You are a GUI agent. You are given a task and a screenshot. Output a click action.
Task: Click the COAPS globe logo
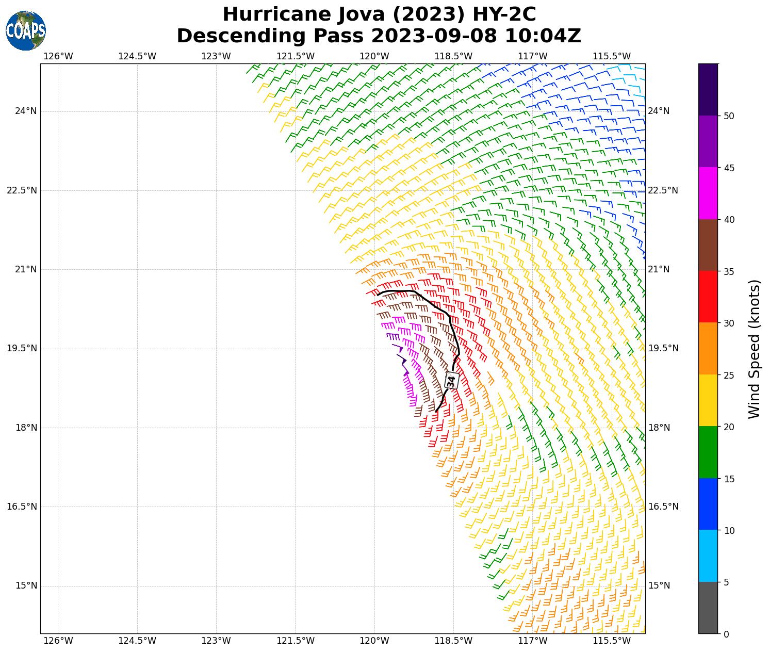(26, 30)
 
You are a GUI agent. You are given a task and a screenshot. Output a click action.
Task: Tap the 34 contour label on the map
(451, 381)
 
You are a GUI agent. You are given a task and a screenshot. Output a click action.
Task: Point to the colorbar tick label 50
(729, 116)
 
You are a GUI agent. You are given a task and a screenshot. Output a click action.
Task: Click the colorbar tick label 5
(727, 582)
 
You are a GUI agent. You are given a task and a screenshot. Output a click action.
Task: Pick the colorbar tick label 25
(729, 375)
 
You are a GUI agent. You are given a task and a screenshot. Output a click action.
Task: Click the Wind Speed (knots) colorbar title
(754, 349)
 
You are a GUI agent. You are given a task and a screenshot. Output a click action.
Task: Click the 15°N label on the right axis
(659, 585)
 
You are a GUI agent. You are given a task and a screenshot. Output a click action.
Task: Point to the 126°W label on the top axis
(58, 56)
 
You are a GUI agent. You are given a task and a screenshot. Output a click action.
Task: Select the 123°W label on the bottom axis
(216, 641)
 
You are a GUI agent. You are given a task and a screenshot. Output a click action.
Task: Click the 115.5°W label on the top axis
(612, 56)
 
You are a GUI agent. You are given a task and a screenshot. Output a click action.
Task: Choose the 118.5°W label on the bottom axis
(453, 641)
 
